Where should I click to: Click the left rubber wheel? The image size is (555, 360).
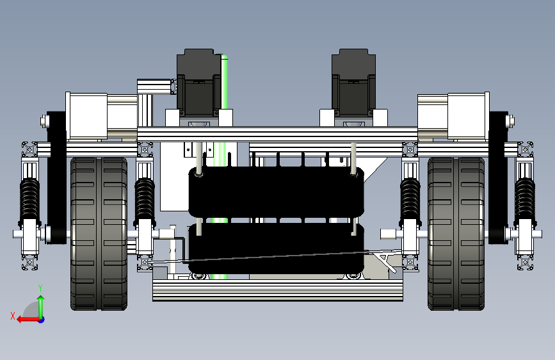(99, 234)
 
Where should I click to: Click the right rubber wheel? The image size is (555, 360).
(456, 234)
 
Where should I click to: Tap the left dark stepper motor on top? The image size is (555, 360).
(198, 83)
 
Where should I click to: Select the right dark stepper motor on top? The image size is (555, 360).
(353, 83)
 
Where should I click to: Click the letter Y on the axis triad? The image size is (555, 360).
(40, 288)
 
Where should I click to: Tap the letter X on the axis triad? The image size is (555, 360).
(13, 316)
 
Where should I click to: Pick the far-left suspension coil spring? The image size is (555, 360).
(29, 199)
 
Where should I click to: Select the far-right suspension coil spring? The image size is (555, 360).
(525, 199)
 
